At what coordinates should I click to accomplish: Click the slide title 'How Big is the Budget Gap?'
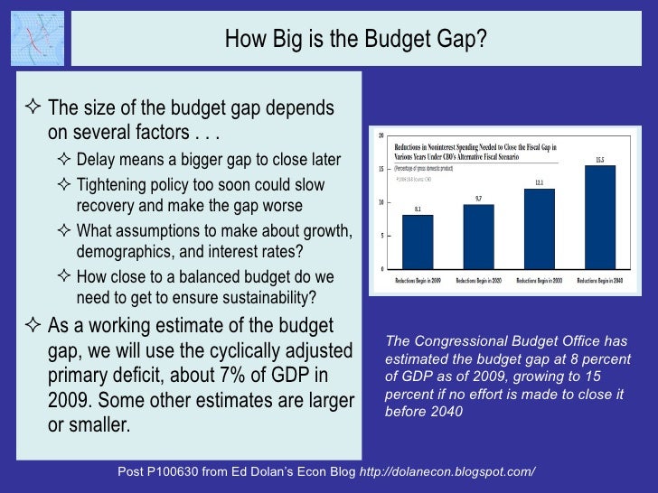(x=355, y=39)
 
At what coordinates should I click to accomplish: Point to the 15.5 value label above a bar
(x=600, y=160)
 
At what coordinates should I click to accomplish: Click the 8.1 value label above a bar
(x=418, y=209)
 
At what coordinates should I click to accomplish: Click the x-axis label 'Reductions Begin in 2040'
(x=600, y=281)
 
